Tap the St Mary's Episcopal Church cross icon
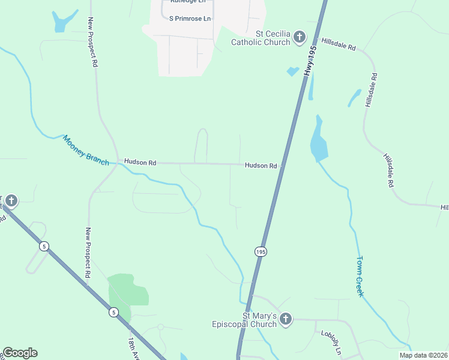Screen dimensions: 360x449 coord(286,319)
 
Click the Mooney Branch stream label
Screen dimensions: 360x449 coord(86,150)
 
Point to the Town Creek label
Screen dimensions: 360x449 coord(360,276)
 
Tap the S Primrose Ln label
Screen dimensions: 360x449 coord(190,19)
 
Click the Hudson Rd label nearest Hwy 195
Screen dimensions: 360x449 coord(261,166)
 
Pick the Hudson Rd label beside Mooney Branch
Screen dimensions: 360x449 coord(140,163)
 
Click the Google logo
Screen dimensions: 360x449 coord(20,353)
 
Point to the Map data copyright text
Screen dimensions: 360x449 coord(423,355)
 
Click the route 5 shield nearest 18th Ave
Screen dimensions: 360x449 coord(113,312)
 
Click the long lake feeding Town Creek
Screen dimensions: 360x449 coord(318,142)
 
